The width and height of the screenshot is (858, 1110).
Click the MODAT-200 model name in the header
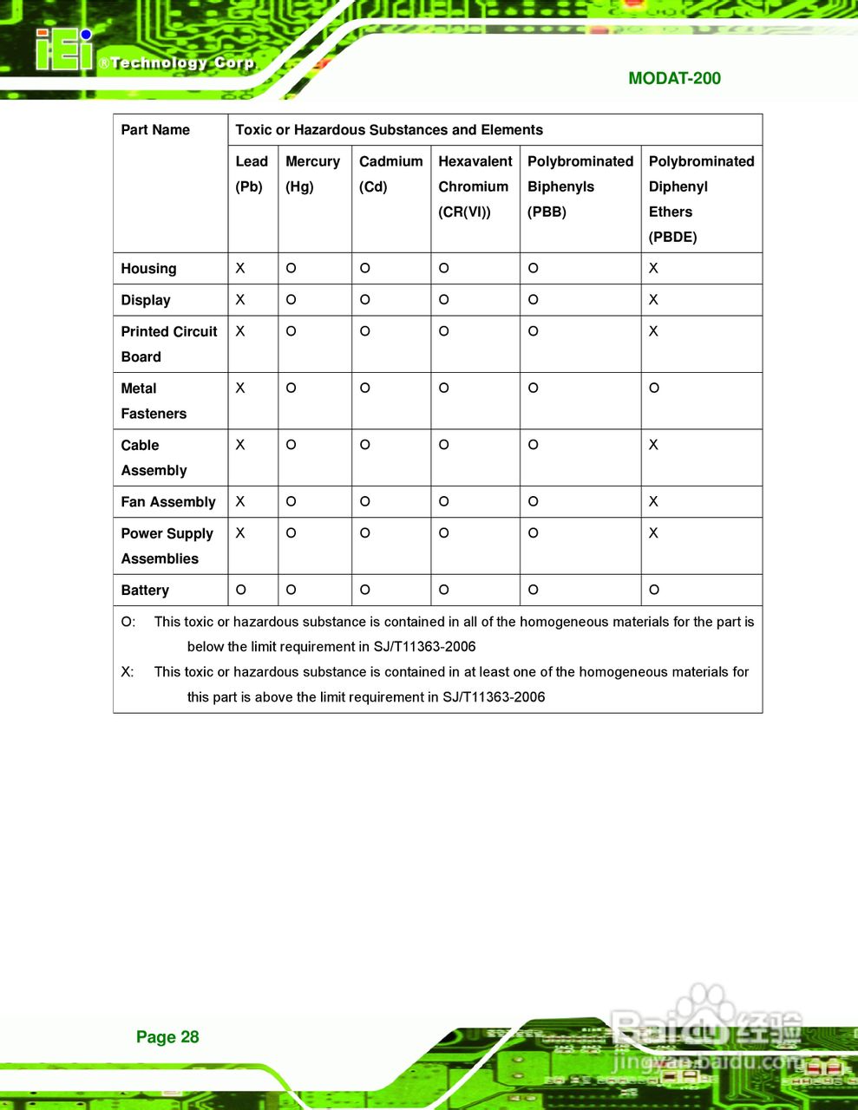click(674, 78)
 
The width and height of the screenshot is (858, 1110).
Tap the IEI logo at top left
click(63, 50)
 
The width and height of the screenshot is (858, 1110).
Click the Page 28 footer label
click(167, 1037)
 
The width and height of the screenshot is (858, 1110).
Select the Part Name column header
click(155, 130)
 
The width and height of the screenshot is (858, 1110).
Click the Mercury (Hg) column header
click(312, 173)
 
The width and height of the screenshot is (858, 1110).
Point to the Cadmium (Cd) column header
click(390, 173)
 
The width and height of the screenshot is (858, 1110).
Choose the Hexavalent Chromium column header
click(475, 186)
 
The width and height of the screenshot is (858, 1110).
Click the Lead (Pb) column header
click(251, 173)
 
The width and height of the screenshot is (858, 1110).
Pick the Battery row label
click(145, 591)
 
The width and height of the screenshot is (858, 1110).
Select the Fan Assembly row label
click(168, 502)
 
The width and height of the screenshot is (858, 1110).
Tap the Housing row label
click(148, 269)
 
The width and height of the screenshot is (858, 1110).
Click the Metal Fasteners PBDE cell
click(654, 388)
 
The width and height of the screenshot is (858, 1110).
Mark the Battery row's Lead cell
click(241, 591)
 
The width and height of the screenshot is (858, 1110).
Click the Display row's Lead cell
click(240, 300)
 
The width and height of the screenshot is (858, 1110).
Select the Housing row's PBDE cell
click(653, 269)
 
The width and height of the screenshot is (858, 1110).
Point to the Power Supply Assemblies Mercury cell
click(291, 533)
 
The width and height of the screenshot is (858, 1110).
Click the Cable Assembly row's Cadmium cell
click(365, 445)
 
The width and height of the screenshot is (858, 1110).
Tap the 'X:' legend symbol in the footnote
click(128, 672)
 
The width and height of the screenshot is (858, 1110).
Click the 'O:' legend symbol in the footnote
click(128, 622)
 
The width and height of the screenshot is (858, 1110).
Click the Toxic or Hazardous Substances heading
click(389, 130)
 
